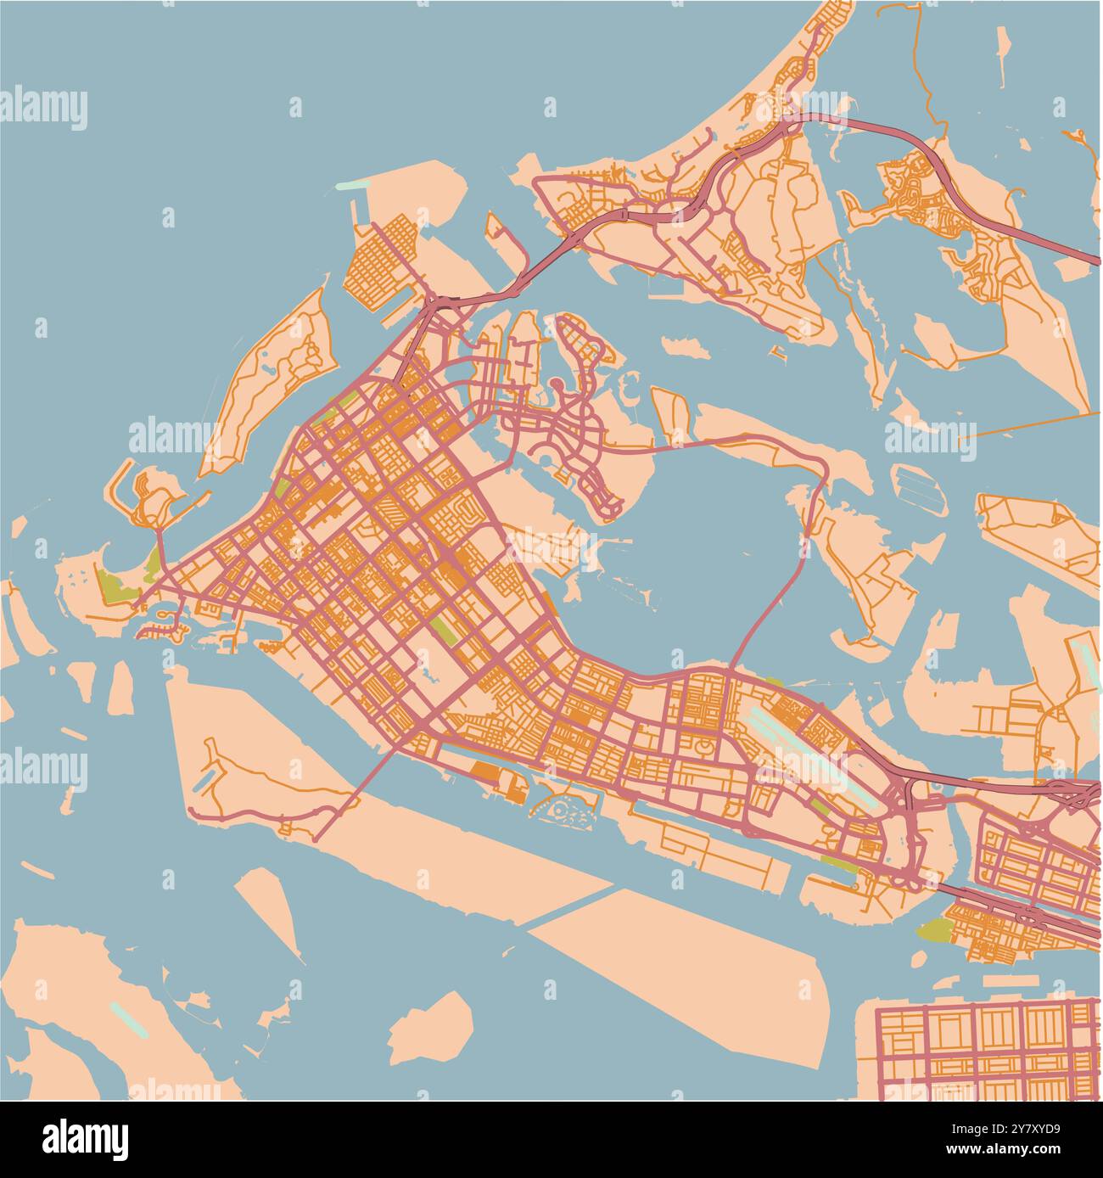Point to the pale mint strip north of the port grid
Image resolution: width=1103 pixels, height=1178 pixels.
pos(354,184)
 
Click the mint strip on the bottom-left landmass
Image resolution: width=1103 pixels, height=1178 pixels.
pos(128,1019)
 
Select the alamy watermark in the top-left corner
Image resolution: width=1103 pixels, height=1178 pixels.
pos(44,109)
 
